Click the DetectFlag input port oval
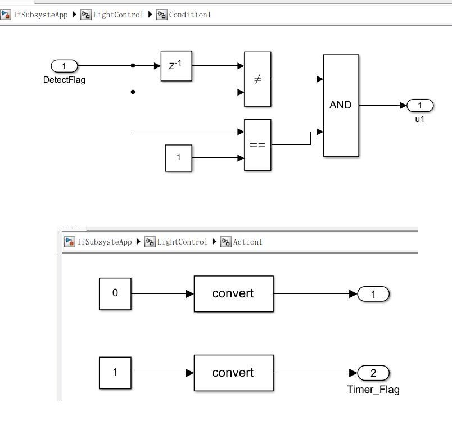point(64,66)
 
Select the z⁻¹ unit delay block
point(176,65)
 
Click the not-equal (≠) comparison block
point(257,79)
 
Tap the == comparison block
point(257,145)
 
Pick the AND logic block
point(341,105)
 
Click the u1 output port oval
point(420,105)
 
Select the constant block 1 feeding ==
point(179,157)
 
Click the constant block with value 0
point(115,293)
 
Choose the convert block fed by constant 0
point(233,293)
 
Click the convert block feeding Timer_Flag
point(233,373)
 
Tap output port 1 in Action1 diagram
point(373,293)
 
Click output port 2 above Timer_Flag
point(373,373)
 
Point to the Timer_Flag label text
point(373,390)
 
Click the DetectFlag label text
point(64,80)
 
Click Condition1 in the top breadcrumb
point(189,15)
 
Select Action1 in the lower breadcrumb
point(247,242)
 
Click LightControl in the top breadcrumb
point(118,15)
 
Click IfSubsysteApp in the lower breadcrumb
point(104,242)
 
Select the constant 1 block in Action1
point(115,373)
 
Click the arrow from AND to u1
point(382,105)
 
